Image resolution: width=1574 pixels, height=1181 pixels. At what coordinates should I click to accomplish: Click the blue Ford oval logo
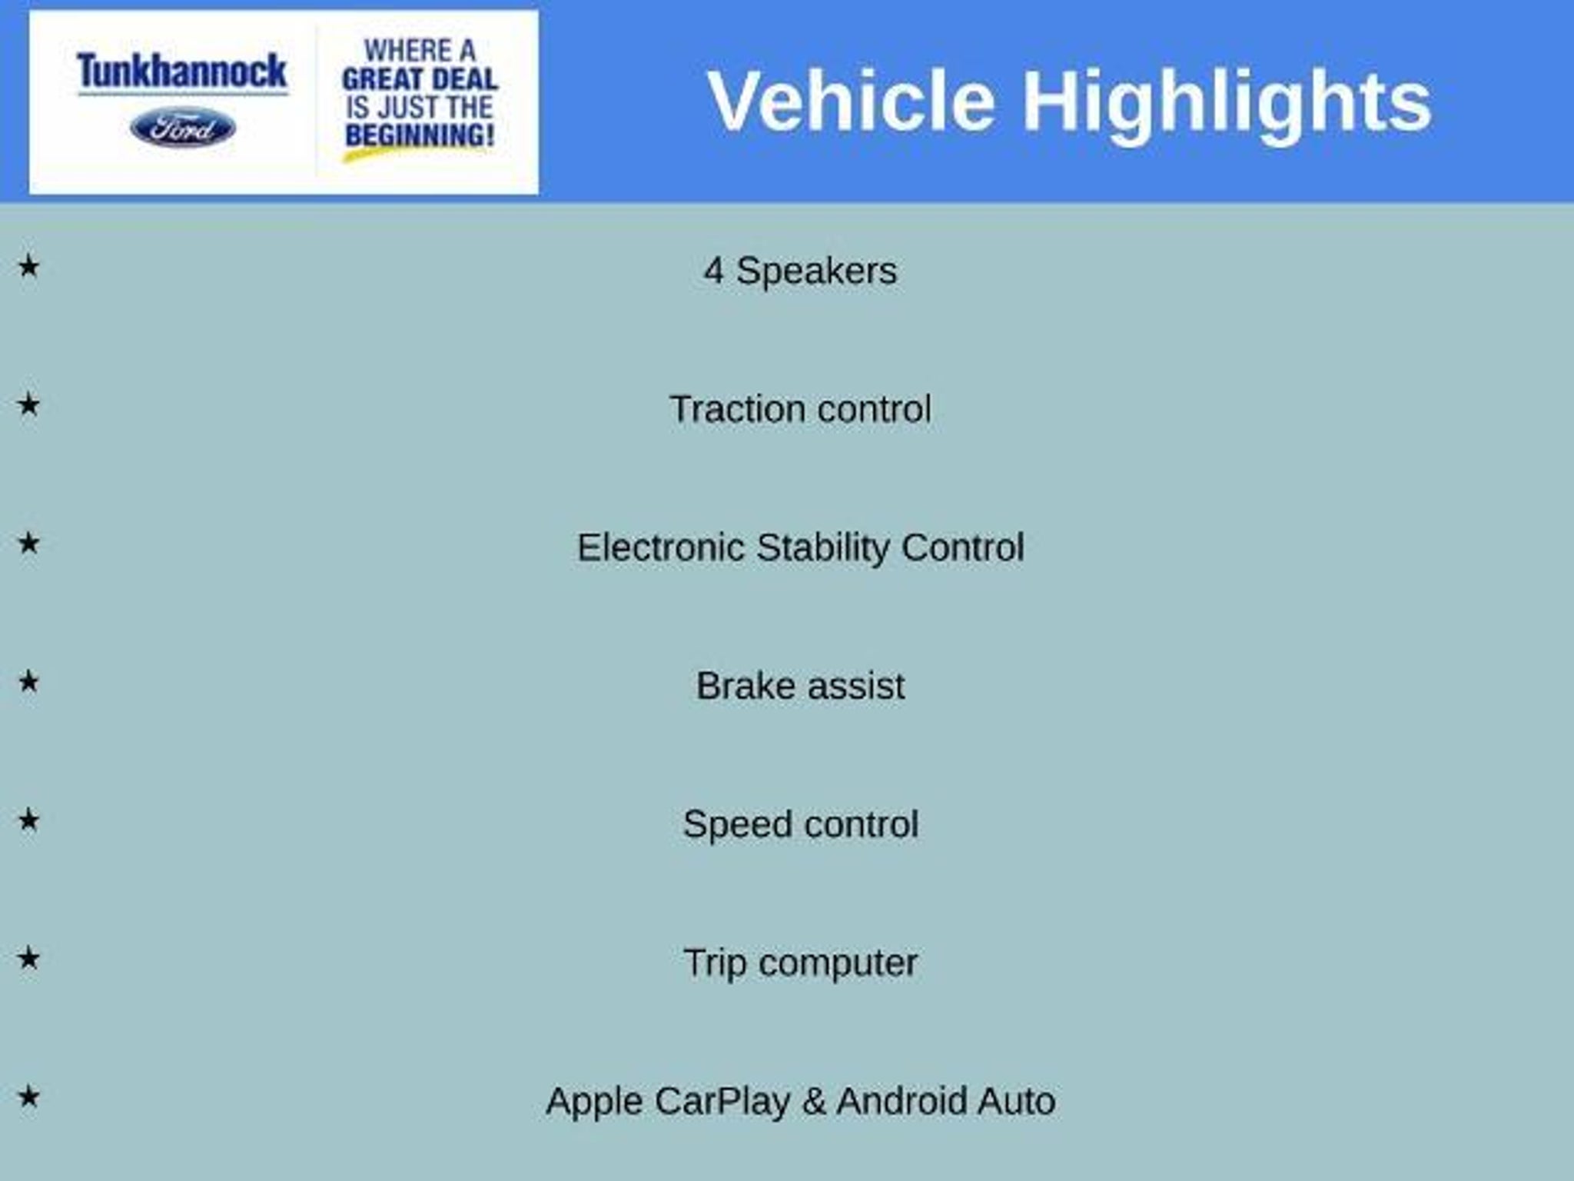click(x=183, y=128)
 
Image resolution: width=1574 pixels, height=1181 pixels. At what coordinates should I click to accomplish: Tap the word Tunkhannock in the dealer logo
click(x=182, y=72)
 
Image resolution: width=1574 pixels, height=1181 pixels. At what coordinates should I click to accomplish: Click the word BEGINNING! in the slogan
click(x=420, y=135)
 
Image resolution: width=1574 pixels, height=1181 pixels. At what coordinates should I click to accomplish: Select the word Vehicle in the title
click(x=852, y=101)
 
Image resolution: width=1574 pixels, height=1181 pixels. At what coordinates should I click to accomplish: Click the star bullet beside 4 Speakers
click(x=28, y=267)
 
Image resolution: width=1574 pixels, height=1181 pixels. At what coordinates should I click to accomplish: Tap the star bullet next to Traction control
click(x=28, y=404)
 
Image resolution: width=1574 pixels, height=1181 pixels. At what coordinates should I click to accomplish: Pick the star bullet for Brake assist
click(x=28, y=681)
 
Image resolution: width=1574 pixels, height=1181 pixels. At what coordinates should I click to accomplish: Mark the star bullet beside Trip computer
click(x=28, y=958)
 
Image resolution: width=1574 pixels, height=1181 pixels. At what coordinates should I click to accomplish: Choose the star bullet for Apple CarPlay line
click(x=28, y=1096)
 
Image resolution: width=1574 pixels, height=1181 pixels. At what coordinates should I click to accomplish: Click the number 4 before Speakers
click(x=713, y=271)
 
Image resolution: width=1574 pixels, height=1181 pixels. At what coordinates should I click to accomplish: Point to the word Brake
click(x=745, y=686)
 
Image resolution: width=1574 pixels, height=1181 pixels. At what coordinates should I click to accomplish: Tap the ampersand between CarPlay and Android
click(x=814, y=1101)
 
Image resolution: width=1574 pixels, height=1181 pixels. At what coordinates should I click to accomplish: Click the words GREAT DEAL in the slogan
click(x=420, y=78)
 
